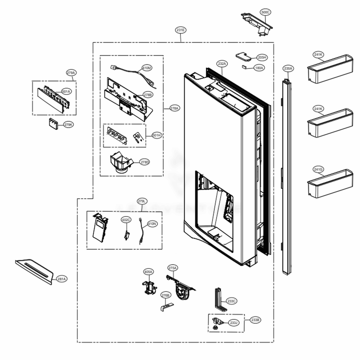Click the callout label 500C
point(266,12)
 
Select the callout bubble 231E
point(181,30)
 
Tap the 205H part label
point(262,57)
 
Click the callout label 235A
point(288,68)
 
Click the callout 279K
point(68,125)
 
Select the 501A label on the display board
point(66,91)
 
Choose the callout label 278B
point(148,95)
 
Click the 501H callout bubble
point(157,135)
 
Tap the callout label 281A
point(62,279)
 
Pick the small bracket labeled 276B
point(165,307)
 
